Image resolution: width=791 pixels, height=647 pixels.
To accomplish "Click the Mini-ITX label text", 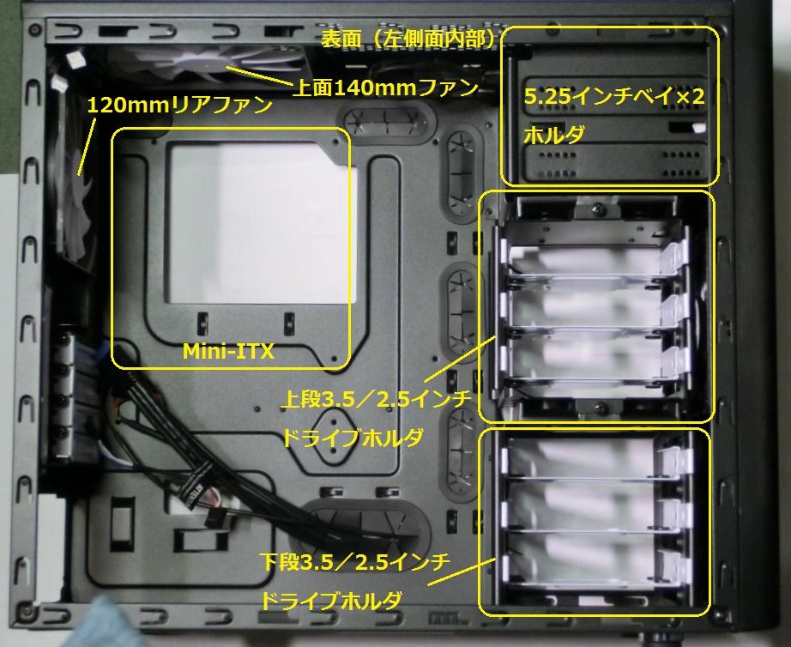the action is tap(228, 351).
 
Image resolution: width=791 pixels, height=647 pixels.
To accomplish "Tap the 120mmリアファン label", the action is tap(180, 106).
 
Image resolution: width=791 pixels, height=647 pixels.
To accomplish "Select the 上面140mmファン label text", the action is tap(385, 88).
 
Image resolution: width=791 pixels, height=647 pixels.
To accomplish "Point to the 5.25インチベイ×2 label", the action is tap(613, 96).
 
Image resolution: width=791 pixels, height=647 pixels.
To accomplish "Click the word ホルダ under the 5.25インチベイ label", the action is tap(554, 135).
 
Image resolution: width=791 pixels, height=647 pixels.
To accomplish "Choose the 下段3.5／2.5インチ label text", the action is tap(355, 562).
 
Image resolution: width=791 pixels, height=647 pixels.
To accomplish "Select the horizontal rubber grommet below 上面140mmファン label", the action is tap(386, 120).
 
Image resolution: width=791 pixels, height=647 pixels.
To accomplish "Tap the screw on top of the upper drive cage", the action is tap(598, 207).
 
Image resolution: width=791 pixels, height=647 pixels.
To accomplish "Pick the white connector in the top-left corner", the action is tap(75, 58).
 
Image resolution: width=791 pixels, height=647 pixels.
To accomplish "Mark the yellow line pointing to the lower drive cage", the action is tap(461, 571).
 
